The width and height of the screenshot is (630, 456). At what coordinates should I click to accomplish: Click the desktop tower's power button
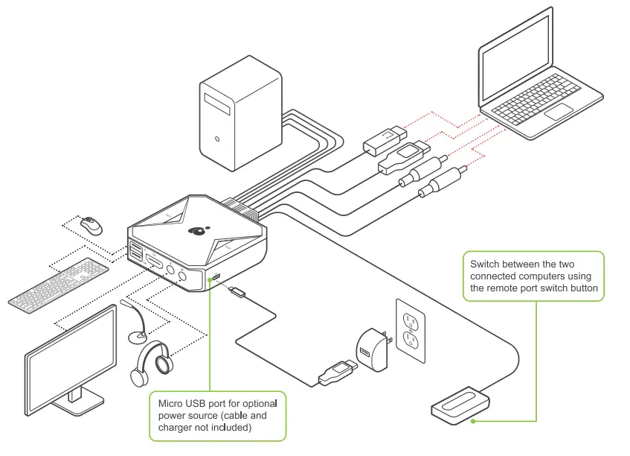coord(217,139)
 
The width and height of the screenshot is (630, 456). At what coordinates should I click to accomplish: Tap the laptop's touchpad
coord(559,111)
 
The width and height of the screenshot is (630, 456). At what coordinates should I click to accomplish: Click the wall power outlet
coord(411,331)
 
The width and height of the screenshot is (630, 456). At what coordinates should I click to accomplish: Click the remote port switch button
coord(460,405)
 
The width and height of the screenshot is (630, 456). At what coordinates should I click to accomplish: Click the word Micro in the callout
coord(170,403)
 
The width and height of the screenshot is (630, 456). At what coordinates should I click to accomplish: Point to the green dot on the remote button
coord(473,422)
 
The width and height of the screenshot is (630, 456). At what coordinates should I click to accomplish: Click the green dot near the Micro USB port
coord(209,279)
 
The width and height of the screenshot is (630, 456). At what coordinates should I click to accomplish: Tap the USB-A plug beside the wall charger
coord(338,373)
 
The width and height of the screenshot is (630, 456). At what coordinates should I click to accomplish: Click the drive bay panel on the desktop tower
coord(217,104)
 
